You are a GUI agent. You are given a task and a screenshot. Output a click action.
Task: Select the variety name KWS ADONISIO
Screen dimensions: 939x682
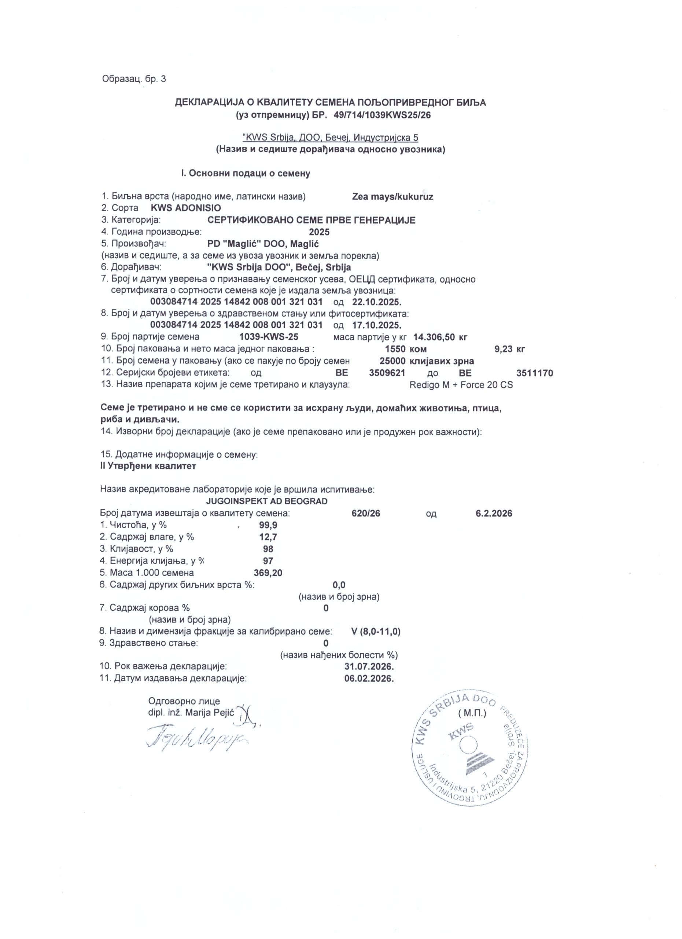186,208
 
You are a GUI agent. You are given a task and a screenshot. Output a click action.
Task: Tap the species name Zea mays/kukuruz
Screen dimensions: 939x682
392,197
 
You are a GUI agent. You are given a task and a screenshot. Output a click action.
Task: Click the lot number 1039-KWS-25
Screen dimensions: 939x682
269,337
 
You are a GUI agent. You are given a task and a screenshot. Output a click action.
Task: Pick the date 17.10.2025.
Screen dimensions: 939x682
377,325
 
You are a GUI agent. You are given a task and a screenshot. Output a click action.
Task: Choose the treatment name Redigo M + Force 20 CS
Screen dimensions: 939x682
461,385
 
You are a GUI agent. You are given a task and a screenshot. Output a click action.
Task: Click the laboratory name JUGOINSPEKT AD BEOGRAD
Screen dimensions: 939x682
267,501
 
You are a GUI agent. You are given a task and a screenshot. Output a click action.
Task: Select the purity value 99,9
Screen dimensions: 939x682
268,525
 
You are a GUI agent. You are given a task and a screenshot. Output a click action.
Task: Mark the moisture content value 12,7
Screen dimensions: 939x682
268,537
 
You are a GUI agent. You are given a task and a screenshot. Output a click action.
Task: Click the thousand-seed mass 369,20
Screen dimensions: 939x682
268,573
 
